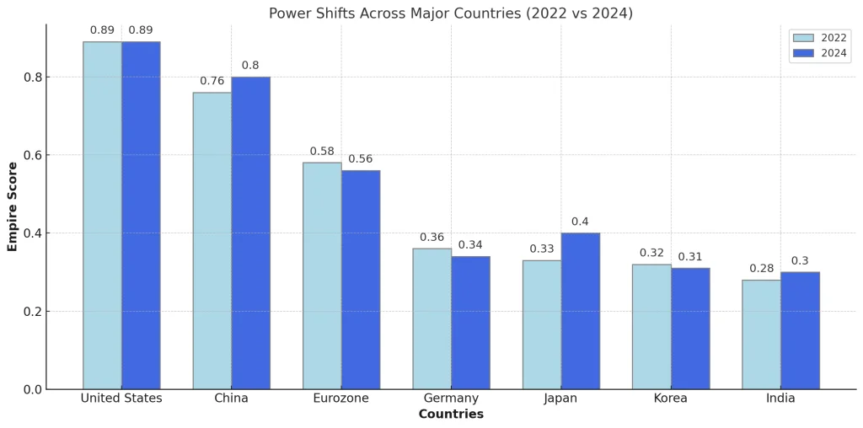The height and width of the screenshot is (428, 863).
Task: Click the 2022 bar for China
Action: (212, 240)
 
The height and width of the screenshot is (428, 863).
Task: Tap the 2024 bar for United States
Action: (141, 215)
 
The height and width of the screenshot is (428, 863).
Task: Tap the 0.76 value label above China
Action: (212, 82)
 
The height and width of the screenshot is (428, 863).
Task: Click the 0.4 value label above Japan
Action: (580, 222)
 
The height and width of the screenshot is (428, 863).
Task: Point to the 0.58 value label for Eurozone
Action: (322, 152)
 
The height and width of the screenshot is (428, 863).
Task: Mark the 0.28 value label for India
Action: (761, 269)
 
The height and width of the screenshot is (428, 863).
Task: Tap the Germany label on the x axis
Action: (451, 399)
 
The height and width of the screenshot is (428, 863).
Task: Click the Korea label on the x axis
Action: (671, 399)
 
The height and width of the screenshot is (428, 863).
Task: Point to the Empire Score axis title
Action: (13, 206)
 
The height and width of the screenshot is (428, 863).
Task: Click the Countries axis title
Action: (451, 415)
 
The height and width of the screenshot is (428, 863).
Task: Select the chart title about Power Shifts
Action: (451, 13)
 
